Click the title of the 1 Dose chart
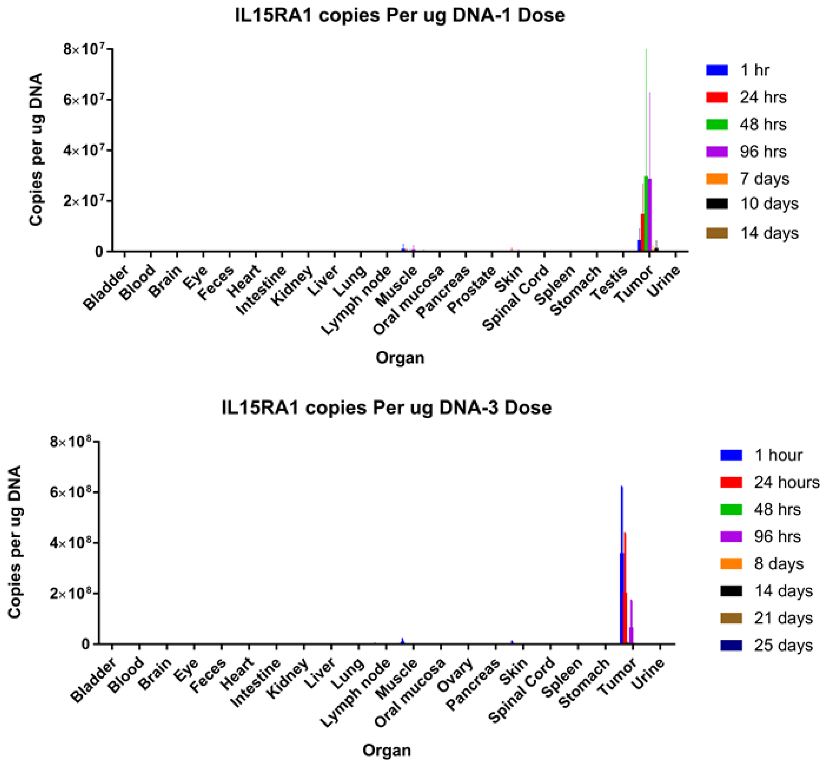[399, 16]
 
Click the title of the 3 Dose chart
[386, 408]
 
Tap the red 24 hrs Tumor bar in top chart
[643, 232]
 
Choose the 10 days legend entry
[769, 203]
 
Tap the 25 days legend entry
[783, 646]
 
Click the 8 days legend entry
[778, 564]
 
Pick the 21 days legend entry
[783, 618]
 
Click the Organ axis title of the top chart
[400, 358]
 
